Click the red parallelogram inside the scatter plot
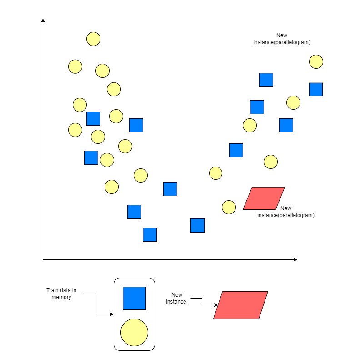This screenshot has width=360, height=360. [x=264, y=198]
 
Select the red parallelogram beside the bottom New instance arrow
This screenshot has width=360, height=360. [x=240, y=305]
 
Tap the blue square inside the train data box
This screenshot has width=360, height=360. [x=134, y=298]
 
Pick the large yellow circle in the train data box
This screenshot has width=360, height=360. [x=134, y=332]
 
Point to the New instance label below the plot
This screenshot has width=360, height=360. [x=176, y=298]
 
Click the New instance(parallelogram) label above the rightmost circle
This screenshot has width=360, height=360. [x=282, y=39]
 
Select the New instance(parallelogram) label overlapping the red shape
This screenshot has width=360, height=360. [x=286, y=212]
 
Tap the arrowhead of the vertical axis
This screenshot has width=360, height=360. [x=43, y=20]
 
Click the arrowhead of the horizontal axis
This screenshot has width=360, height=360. [x=295, y=259]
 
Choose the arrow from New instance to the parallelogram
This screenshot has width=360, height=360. [x=202, y=302]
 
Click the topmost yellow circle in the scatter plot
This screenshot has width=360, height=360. [x=93, y=39]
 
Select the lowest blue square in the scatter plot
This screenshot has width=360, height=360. [x=150, y=234]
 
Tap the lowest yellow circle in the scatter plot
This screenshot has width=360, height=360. [x=229, y=207]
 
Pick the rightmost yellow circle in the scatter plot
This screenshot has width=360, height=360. [x=316, y=61]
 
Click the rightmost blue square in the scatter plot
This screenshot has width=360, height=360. [x=316, y=89]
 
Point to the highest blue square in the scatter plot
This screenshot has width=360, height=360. [x=266, y=80]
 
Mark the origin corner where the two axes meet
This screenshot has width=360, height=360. [x=43, y=259]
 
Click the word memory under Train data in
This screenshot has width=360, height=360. [x=62, y=297]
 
